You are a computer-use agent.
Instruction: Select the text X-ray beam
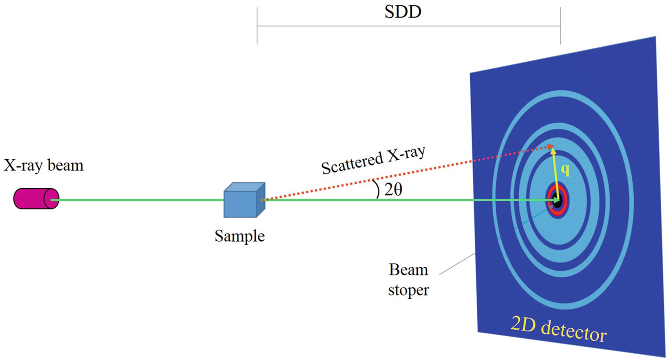43,166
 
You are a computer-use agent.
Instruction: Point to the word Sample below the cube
240,236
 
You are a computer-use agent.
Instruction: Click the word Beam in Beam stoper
409,270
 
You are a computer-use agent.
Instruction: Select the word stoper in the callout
409,291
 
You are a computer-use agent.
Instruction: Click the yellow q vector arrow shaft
557,174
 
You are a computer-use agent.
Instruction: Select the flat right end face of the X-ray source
51,199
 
